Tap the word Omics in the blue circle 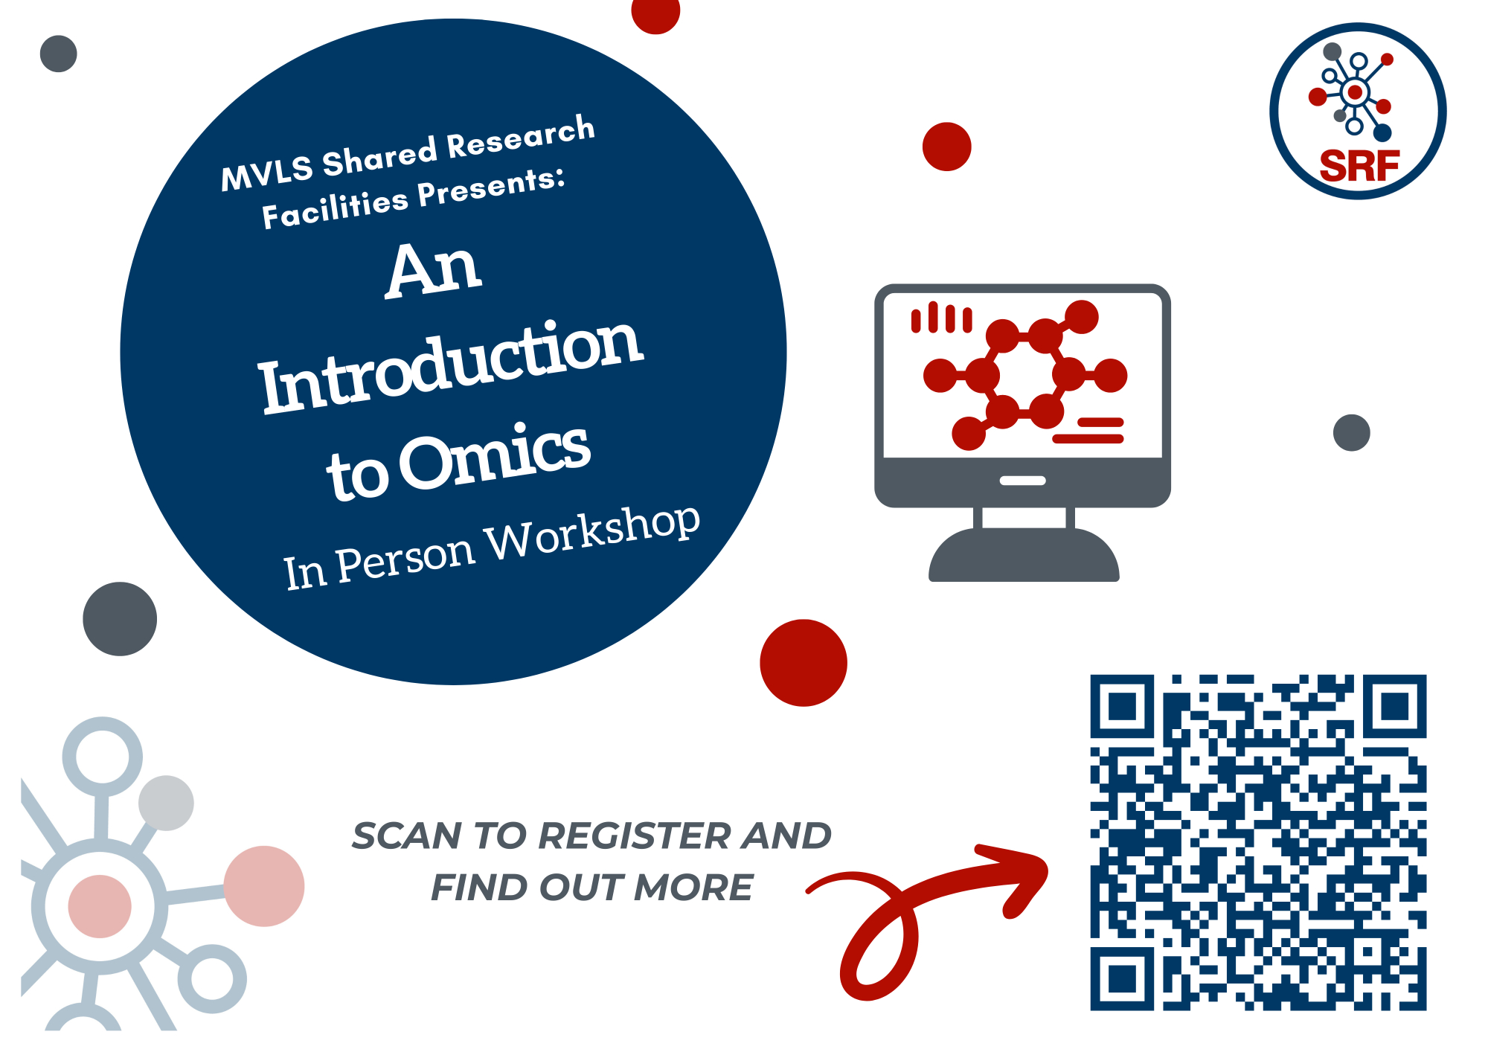coord(495,455)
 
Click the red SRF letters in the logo coord(1359,166)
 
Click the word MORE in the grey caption coord(693,888)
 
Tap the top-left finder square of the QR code coord(1122,706)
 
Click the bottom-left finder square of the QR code coord(1122,979)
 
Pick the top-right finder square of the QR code coord(1395,706)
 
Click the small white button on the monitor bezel coord(1023,481)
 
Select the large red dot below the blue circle coord(804,663)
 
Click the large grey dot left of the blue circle coord(120,619)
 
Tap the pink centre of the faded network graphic coord(100,906)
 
